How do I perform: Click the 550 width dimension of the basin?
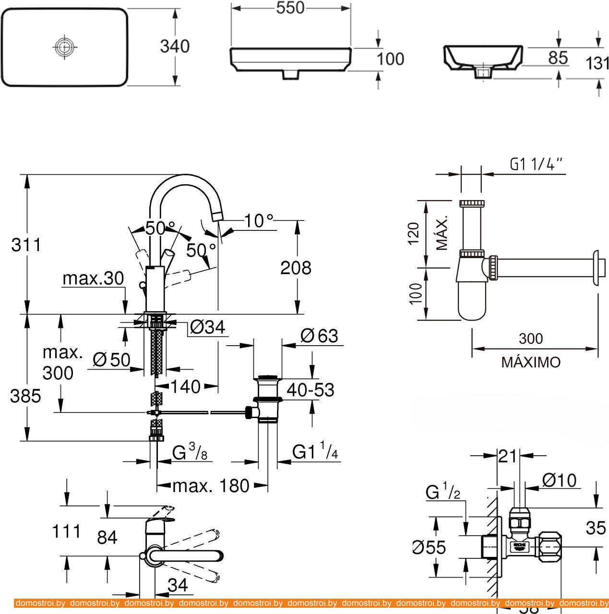[x=291, y=8]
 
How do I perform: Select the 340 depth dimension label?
[x=175, y=46]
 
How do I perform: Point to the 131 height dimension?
[x=597, y=62]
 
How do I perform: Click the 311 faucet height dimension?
[x=26, y=245]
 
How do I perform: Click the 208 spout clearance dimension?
[x=296, y=267]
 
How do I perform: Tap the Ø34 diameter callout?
[x=207, y=327]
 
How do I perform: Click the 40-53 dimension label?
[x=310, y=390]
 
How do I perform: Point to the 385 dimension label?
[x=26, y=396]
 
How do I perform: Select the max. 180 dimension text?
[x=211, y=486]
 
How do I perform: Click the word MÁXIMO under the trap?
[x=531, y=362]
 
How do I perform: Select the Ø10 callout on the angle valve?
[x=559, y=480]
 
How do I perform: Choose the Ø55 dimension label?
[x=430, y=547]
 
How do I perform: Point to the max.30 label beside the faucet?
[x=93, y=278]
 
